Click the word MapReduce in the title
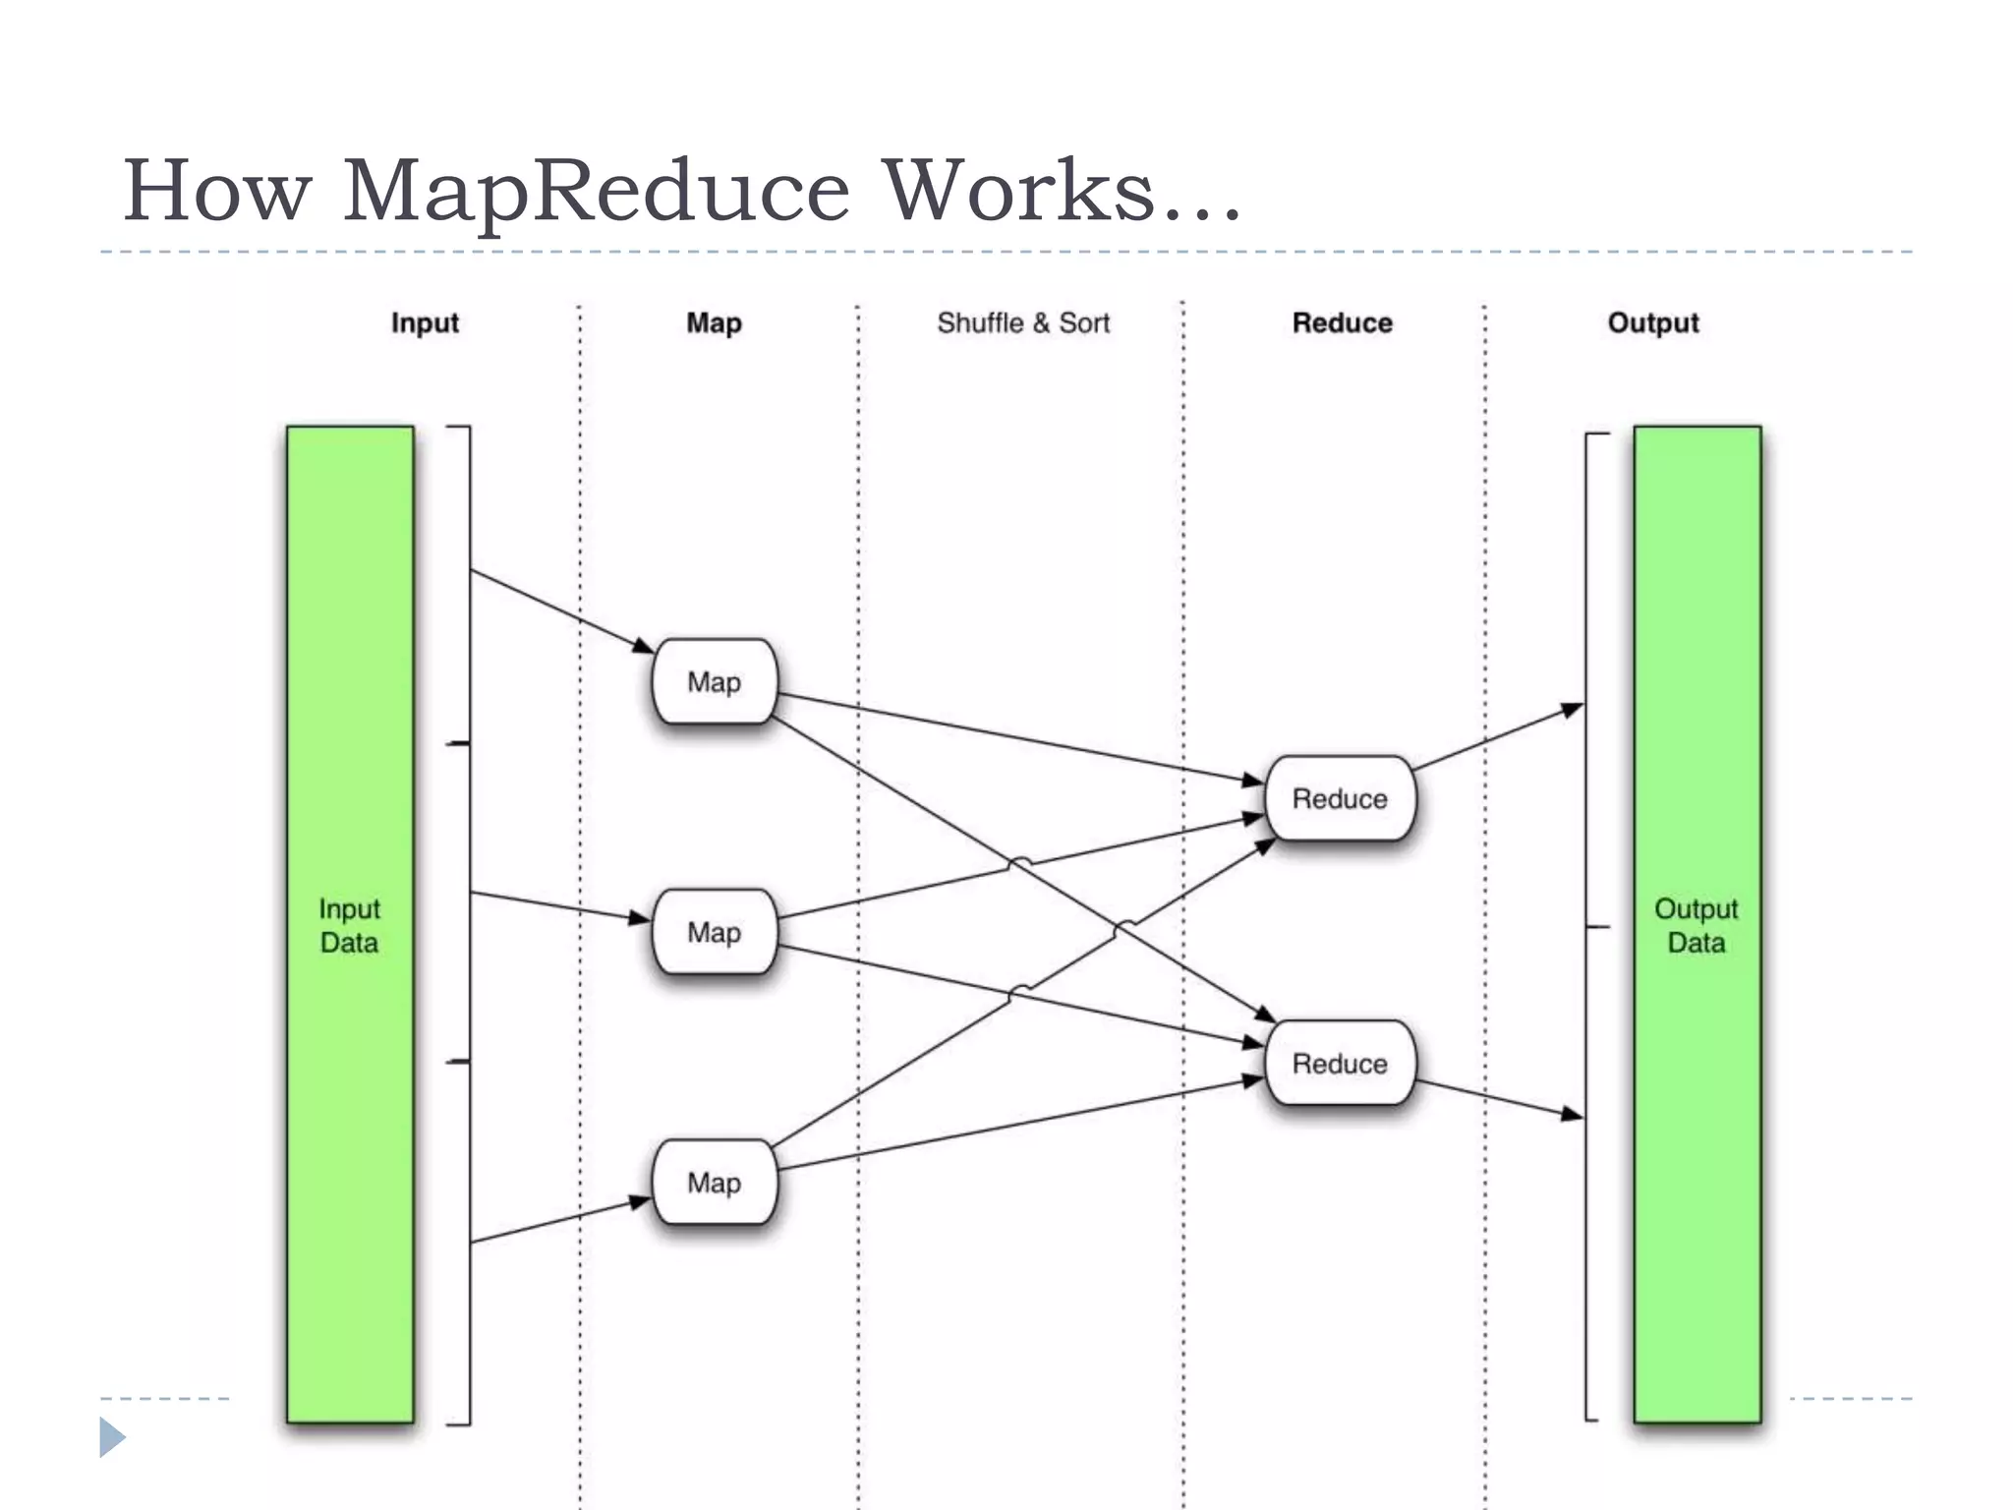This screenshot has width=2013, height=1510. [596, 192]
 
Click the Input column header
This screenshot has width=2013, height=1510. [425, 323]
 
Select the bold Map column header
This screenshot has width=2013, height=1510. [714, 323]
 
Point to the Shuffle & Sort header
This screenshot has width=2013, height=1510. [1022, 323]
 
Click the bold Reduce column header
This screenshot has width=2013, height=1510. [1342, 323]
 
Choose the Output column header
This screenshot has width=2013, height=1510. [1652, 323]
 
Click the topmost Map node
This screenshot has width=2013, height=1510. [715, 681]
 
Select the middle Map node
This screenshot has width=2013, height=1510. [715, 932]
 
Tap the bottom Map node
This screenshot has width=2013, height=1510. [715, 1183]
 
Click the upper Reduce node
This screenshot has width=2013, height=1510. [1340, 798]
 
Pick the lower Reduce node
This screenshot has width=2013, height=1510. [1340, 1064]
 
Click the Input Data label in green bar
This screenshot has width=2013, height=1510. [349, 925]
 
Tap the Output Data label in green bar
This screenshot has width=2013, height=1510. [1697, 925]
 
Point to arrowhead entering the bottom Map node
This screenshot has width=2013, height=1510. [641, 1201]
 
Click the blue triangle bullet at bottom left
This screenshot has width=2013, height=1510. [111, 1437]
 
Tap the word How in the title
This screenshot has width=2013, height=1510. [216, 192]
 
